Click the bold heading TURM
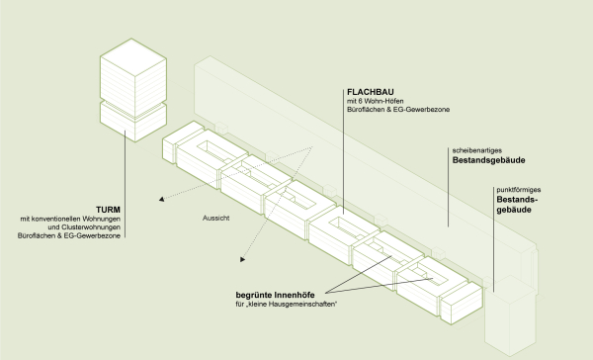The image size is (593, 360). (x=109, y=209)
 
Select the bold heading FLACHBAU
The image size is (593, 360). (x=370, y=91)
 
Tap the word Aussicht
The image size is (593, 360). (x=214, y=217)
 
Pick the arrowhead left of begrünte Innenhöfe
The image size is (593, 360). (x=241, y=261)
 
